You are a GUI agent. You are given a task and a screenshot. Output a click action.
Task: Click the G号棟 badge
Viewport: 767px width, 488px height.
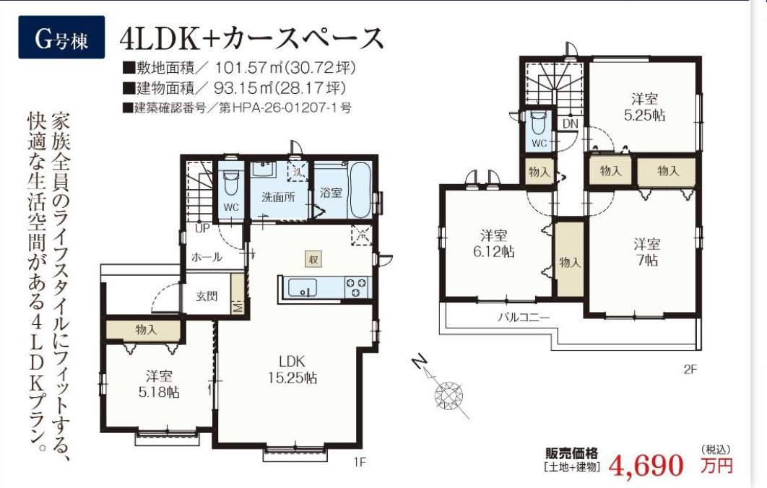point(61,38)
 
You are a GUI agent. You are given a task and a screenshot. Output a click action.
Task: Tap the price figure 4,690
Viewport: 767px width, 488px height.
point(646,465)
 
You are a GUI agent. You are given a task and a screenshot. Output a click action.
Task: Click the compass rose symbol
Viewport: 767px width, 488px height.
point(448,394)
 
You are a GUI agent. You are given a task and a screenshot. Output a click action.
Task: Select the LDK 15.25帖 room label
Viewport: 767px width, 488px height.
point(292,370)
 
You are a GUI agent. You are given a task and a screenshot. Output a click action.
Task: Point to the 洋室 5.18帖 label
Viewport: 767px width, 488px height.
point(159,384)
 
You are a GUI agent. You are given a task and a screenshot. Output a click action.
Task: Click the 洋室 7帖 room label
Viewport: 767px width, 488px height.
point(646,252)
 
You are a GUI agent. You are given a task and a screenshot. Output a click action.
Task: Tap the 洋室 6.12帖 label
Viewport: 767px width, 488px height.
point(493,243)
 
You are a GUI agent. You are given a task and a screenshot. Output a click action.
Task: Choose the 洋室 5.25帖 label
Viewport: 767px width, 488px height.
point(644,107)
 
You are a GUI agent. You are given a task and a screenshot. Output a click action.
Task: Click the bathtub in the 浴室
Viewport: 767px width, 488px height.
point(361,190)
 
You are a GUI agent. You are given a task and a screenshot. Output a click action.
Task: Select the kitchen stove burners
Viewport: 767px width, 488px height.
point(356,287)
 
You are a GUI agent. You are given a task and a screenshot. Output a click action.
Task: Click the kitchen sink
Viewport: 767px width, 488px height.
point(303,287)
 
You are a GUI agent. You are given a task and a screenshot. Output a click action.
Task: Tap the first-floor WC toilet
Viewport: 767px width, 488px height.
point(231,181)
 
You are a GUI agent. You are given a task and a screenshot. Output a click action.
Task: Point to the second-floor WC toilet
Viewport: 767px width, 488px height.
point(539,123)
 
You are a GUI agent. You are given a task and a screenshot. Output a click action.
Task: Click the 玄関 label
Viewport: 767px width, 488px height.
point(207,296)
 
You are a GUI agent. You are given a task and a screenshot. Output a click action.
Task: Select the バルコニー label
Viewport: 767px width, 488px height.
point(524,318)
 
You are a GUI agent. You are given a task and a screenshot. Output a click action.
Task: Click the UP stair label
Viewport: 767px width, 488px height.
point(202,228)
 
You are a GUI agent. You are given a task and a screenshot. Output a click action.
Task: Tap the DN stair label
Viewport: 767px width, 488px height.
point(571,124)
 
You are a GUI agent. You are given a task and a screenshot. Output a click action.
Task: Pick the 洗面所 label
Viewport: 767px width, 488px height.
point(278,197)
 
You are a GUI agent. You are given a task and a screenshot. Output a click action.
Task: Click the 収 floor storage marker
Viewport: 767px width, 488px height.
point(313,258)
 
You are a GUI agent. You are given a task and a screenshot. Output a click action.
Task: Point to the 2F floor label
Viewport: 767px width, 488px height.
point(690,370)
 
